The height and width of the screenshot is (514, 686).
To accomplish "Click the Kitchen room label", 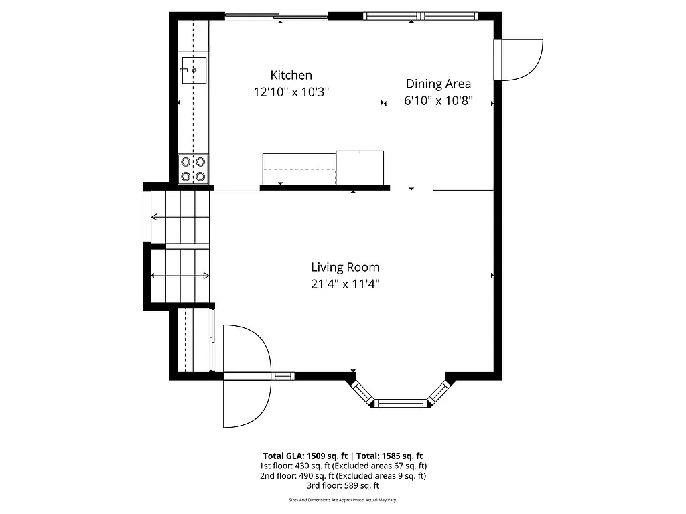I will tap(291, 75).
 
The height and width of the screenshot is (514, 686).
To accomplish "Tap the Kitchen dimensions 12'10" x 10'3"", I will tap(291, 92).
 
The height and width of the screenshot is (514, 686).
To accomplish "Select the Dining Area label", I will tap(438, 84).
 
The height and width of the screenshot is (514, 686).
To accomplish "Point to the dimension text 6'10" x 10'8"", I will tap(438, 101).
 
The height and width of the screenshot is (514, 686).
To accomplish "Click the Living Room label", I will tap(344, 267).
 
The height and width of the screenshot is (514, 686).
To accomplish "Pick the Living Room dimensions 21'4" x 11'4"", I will tap(344, 284).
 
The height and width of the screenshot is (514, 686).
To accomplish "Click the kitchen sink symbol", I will tap(193, 70).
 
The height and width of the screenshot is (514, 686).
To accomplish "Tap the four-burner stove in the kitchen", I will tap(193, 169).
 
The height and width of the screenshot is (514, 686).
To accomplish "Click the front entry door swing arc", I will tap(248, 375).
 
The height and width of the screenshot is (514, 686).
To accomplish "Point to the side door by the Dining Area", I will tap(519, 60).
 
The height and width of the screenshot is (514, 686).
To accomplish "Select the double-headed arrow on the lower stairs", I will tap(180, 276).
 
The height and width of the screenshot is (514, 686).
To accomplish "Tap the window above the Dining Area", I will tap(421, 15).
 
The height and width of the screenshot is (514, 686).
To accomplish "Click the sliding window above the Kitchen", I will tap(276, 17).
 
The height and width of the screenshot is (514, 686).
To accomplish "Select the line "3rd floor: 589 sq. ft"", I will tap(342, 485).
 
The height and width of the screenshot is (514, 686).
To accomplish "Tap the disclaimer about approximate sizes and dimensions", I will tap(342, 500).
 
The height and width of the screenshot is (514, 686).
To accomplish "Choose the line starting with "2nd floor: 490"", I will tap(342, 476).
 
